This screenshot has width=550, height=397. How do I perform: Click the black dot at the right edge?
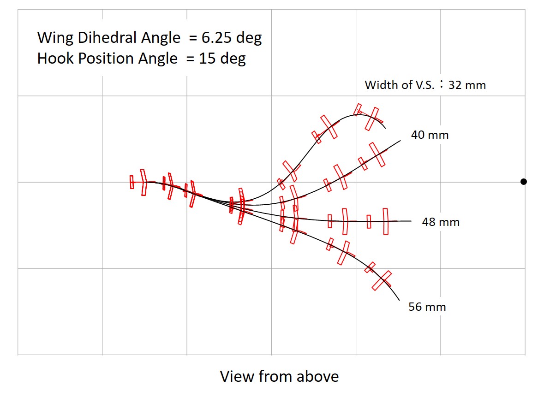[523, 182]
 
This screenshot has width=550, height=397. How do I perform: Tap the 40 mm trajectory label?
[430, 135]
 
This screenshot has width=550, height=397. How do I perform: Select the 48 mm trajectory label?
[441, 222]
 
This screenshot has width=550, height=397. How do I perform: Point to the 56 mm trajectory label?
[427, 307]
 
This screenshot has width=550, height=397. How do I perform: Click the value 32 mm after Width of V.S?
[467, 85]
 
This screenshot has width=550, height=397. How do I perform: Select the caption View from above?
[279, 376]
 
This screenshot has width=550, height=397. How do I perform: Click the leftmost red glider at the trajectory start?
[138, 182]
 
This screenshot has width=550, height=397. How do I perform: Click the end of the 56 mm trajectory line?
[399, 300]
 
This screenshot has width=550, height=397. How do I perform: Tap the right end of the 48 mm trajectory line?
[411, 221]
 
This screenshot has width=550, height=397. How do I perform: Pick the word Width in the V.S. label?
[377, 85]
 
